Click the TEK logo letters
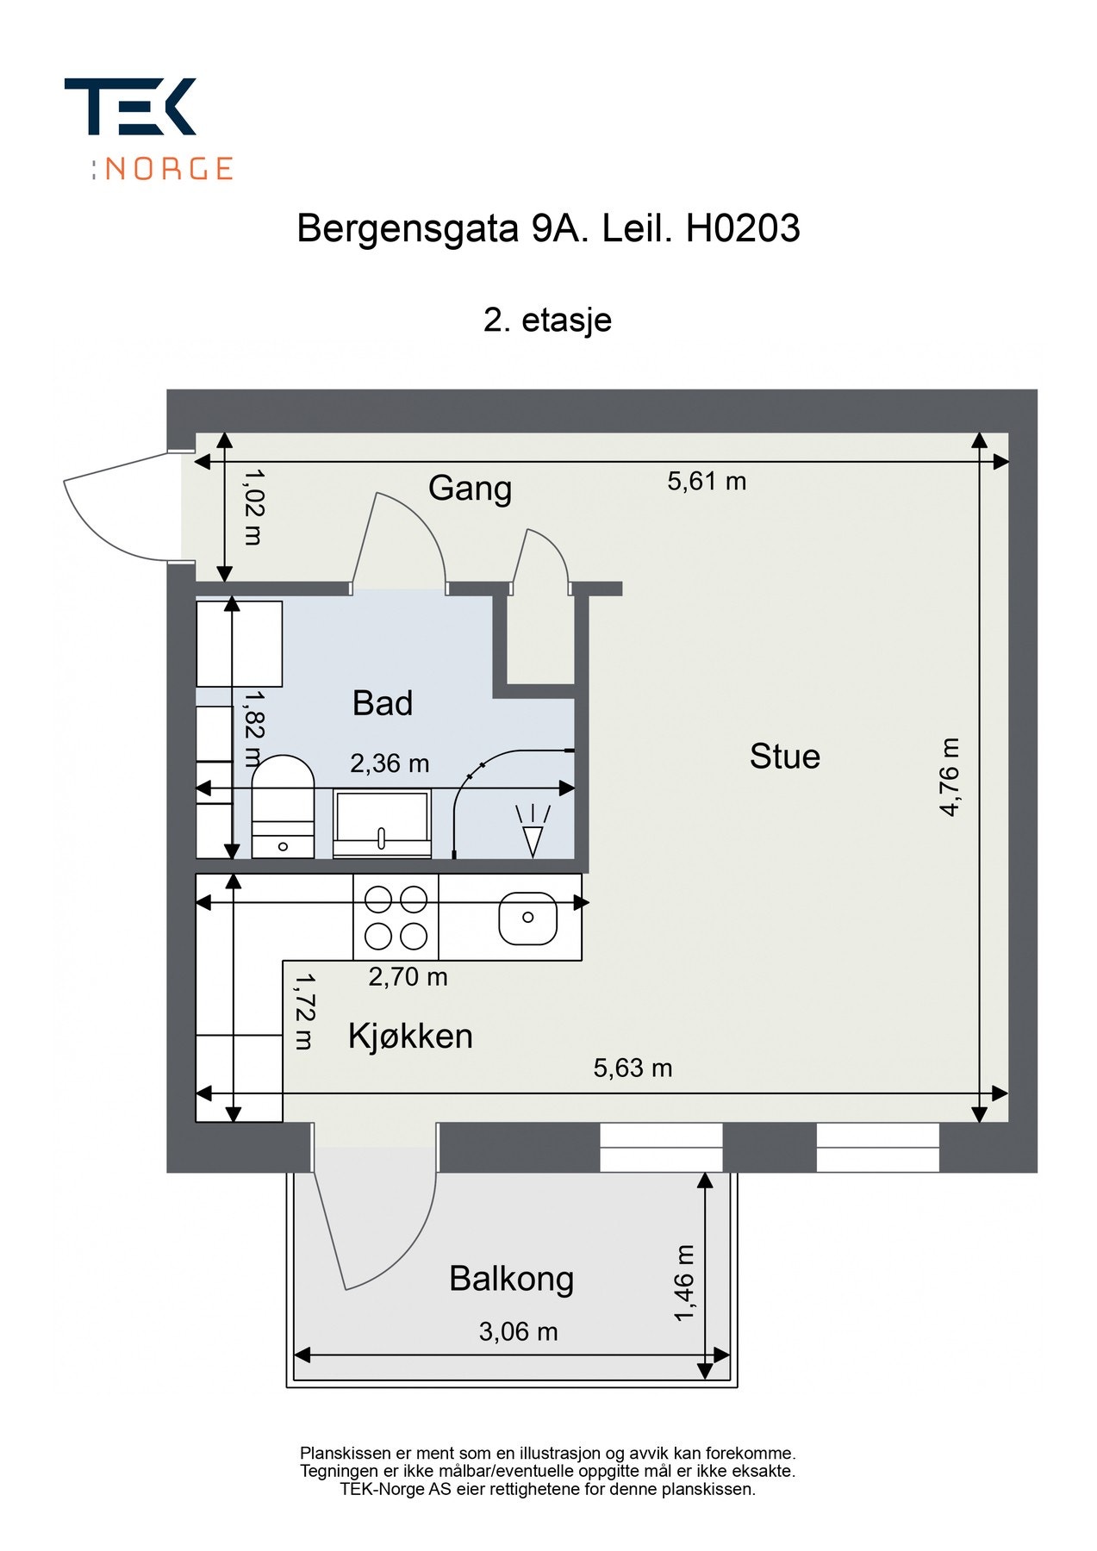tap(130, 106)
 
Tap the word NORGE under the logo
tap(169, 168)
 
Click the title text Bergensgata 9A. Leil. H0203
tap(548, 229)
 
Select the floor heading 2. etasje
tap(547, 320)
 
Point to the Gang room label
tap(470, 489)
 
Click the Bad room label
tap(383, 704)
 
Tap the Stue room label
tap(784, 757)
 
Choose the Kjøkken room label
tap(410, 1036)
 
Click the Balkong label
tap(511, 1279)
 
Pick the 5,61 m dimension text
tap(707, 482)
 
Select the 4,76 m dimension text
tap(949, 776)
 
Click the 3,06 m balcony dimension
tap(518, 1332)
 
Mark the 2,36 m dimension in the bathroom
tap(390, 763)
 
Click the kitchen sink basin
tap(527, 919)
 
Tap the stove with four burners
tap(396, 918)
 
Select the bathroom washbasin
tap(382, 824)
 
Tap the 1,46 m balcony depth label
tap(683, 1283)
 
